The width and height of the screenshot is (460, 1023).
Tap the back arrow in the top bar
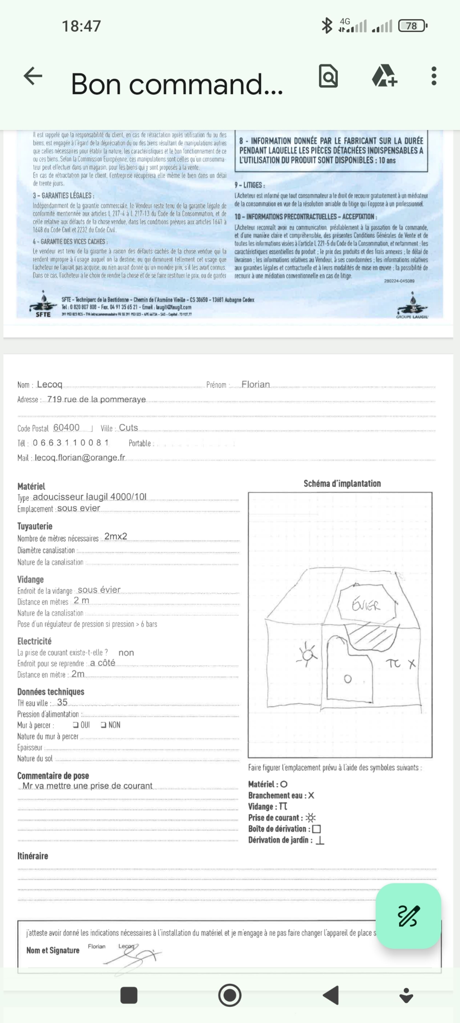(x=33, y=76)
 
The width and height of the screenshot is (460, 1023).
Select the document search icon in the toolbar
(x=328, y=76)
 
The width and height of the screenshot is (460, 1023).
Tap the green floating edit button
(x=408, y=916)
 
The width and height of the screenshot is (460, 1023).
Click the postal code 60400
(x=66, y=427)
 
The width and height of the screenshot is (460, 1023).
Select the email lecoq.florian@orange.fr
(x=80, y=457)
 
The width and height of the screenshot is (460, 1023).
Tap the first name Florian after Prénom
(x=256, y=384)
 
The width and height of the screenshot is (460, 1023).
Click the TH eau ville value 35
(x=62, y=702)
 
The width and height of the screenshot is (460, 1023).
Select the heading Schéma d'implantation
(x=342, y=483)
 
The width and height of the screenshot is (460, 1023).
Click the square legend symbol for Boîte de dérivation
(x=316, y=829)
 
